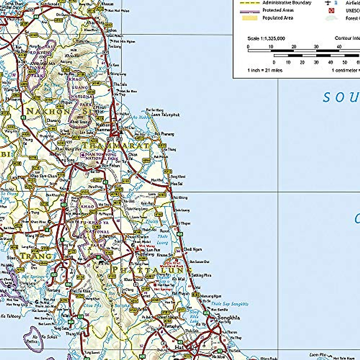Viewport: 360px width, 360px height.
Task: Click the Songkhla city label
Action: (228, 318)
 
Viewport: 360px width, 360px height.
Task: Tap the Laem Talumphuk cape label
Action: (165, 115)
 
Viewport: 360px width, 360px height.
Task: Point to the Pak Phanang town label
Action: (164, 134)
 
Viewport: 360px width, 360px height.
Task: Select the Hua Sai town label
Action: (176, 183)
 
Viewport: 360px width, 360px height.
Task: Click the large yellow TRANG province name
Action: (36, 256)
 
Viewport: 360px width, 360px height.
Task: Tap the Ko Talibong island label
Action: (11, 316)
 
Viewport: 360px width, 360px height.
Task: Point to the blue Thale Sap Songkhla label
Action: (230, 304)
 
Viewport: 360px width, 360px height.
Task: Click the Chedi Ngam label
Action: (193, 249)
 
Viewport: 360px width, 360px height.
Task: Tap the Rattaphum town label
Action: (173, 326)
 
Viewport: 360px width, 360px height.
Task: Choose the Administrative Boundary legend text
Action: (287, 3)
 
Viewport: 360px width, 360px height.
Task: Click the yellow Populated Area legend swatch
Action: (250, 18)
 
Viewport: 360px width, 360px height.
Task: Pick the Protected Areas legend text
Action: (278, 10)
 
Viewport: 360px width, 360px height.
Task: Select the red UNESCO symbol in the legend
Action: (331, 10)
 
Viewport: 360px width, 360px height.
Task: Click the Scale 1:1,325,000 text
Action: (266, 38)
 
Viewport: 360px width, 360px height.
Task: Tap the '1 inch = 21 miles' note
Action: (265, 70)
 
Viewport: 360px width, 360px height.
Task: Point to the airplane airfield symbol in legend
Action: (328, 3)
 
